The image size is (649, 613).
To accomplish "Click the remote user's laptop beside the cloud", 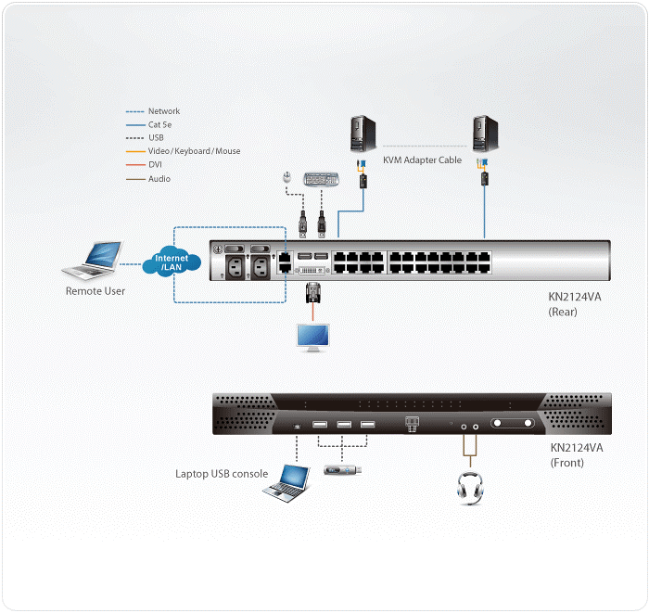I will [x=96, y=261].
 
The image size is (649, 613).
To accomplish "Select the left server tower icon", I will [x=362, y=134].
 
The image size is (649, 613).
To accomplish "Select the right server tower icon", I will [x=482, y=134].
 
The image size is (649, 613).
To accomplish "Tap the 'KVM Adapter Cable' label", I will [x=423, y=160].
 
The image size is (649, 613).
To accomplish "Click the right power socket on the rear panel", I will [x=259, y=267].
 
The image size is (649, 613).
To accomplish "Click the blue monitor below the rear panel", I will [x=311, y=334].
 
